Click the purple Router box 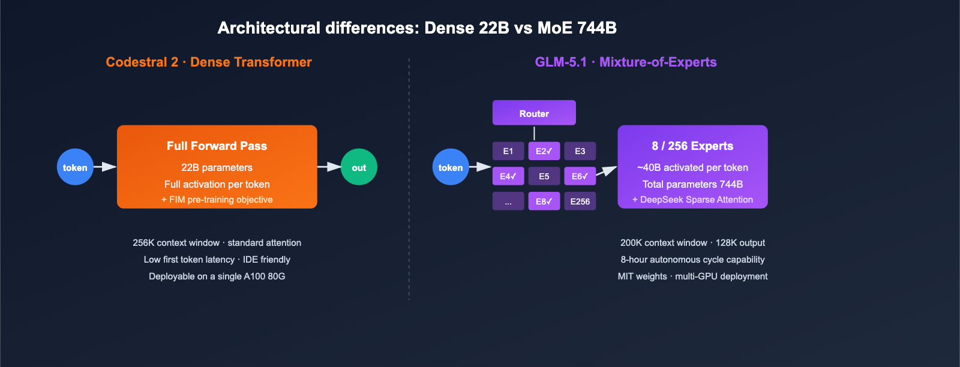534,113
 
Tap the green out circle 359,167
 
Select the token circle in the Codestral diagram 75,167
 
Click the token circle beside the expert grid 451,167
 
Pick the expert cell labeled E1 508,151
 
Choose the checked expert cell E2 544,151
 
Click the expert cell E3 580,151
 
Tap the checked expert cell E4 508,176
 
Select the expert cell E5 544,176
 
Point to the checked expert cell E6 580,176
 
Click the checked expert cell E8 544,201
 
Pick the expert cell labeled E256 580,201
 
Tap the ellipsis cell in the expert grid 508,201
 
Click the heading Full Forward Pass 217,146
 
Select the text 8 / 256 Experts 692,146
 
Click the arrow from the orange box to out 329,167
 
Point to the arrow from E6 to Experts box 607,172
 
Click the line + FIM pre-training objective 217,200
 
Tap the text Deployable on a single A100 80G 217,276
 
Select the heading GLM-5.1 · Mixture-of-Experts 626,62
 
